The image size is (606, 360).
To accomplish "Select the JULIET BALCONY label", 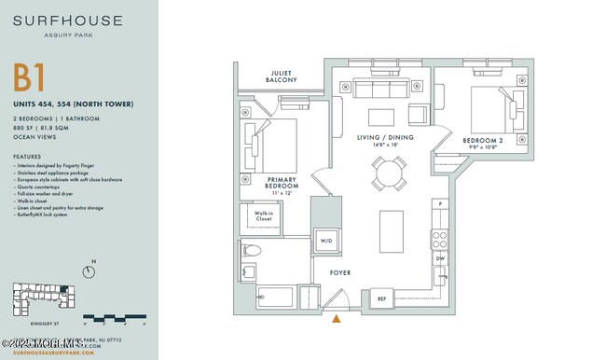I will point(283,76).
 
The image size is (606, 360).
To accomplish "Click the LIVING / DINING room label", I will point(385,141).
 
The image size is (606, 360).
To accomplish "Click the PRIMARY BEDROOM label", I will point(282,183).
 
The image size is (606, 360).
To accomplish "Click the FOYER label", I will point(339,272).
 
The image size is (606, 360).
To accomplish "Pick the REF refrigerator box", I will point(380,298).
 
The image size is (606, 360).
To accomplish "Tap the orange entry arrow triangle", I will point(337,320).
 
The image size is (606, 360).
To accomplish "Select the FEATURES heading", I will point(27,156).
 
